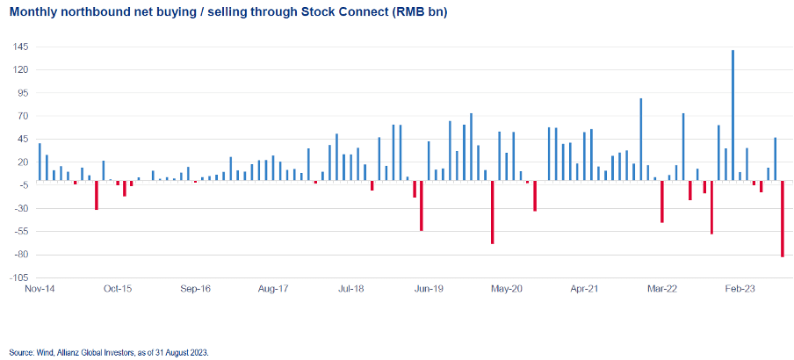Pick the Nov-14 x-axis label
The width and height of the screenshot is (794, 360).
coord(40,288)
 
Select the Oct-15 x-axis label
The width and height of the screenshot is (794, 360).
coord(117,288)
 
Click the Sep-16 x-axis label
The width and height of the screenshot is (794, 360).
coord(195,288)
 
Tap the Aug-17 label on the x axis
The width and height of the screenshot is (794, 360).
coord(274,288)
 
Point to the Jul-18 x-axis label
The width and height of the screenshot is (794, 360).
coord(351,288)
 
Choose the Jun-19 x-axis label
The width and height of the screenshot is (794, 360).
coord(429,288)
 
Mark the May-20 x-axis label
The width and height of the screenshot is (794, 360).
coord(507,288)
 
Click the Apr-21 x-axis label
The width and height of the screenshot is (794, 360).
coord(584,288)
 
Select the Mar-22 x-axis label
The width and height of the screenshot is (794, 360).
coord(662,288)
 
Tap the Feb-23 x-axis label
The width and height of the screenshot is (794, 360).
coord(740,288)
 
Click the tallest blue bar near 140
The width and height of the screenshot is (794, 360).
coord(733,115)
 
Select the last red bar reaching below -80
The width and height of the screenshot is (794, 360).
coord(782,219)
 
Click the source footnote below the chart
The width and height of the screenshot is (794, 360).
coord(109,351)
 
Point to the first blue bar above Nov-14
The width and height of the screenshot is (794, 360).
coord(40,162)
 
